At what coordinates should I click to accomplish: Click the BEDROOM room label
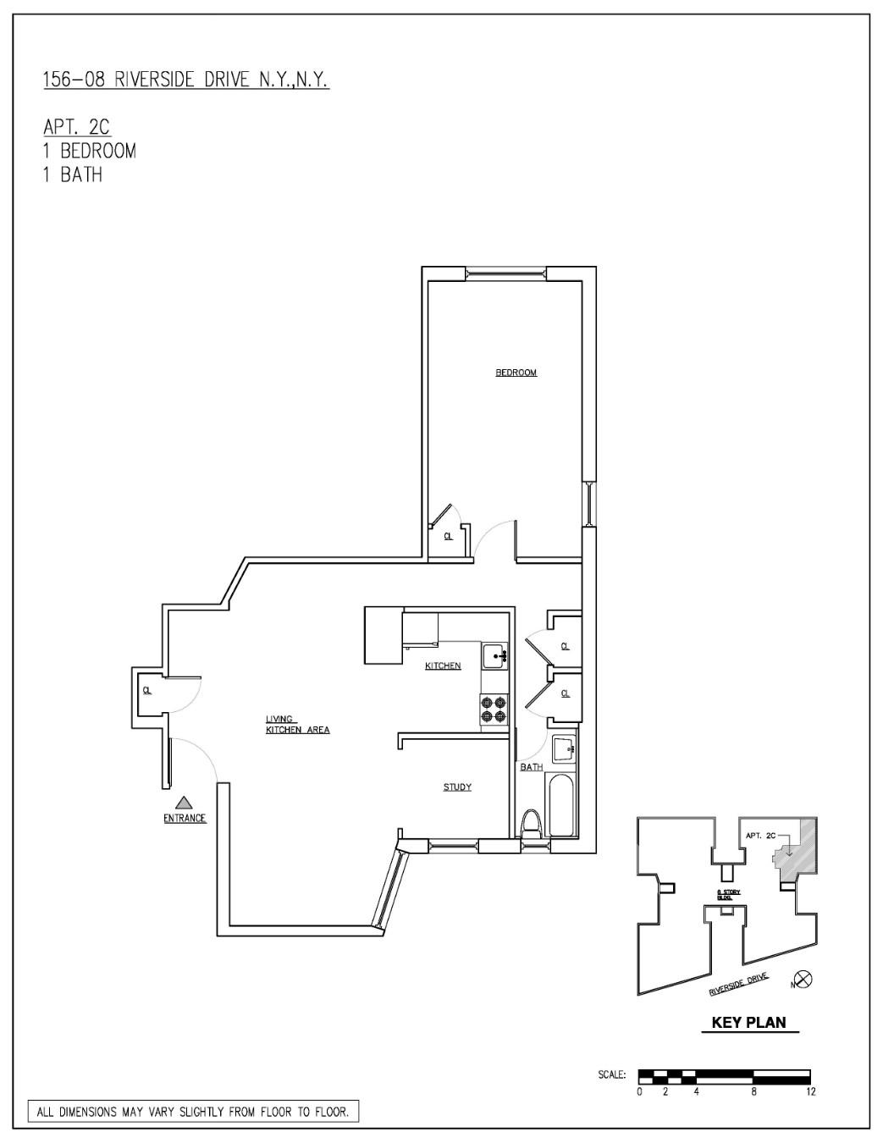coord(516,373)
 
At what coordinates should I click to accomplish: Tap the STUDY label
coord(457,787)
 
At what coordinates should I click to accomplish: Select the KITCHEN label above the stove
coord(443,665)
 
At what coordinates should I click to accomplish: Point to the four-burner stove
coord(494,710)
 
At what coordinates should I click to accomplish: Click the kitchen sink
coord(494,655)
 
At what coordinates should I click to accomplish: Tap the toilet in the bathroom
coord(531,824)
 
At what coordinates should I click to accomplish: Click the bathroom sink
coord(563,749)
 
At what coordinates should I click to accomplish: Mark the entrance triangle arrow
coord(184,802)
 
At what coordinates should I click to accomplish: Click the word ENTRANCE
coord(185,818)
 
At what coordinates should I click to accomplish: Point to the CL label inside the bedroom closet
coord(448,536)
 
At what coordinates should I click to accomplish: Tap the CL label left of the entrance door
coord(147,691)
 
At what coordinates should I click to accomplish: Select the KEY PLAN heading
coord(748,1022)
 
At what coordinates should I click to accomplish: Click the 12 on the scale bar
coord(811,1091)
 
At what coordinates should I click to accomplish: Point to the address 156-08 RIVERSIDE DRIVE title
coord(185,80)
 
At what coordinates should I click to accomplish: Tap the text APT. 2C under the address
coord(77,127)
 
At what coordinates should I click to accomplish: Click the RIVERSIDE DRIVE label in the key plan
coord(738,985)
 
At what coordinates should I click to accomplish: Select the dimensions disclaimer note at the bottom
coord(193,1112)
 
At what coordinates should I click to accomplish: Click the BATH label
coord(532,767)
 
